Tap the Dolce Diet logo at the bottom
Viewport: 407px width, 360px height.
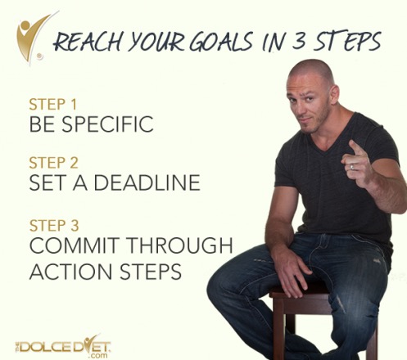tap(61, 344)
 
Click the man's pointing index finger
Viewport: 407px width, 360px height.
tap(355, 148)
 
